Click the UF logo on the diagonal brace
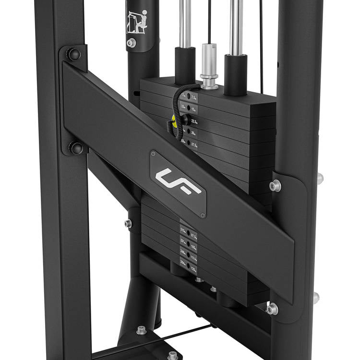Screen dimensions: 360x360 tap(178, 182)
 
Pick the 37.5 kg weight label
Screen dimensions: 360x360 tap(194, 144)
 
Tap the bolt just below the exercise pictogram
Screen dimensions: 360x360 tap(131, 43)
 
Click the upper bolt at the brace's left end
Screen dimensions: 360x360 tap(73, 53)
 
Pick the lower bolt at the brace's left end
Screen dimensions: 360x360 tap(75, 148)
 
